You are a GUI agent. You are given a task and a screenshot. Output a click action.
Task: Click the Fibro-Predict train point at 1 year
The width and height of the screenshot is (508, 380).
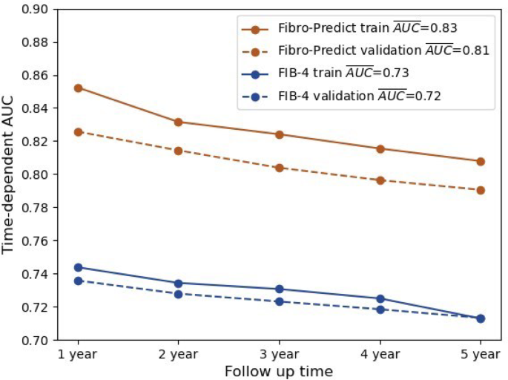tap(78, 88)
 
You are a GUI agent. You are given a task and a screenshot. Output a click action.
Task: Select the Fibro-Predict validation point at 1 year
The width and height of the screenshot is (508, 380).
tap(78, 131)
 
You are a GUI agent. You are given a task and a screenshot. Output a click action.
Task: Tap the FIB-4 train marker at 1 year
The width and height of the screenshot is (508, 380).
tap(78, 267)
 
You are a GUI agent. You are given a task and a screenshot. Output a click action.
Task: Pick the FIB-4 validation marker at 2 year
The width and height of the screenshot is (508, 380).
tap(179, 294)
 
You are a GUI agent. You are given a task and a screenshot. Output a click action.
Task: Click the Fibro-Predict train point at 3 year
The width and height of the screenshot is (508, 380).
tap(280, 134)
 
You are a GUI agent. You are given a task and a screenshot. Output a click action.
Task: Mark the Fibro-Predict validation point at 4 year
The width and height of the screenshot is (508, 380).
tap(380, 180)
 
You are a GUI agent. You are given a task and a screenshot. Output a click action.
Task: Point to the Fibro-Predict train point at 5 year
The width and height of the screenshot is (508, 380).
tap(481, 161)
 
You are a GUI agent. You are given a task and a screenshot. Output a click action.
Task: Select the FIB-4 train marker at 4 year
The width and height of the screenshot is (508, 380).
tap(380, 298)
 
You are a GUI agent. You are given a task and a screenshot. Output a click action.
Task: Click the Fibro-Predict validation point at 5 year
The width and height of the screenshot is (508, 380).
tap(481, 190)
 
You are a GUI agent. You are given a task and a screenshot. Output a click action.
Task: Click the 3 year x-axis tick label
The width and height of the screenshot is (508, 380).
tap(280, 354)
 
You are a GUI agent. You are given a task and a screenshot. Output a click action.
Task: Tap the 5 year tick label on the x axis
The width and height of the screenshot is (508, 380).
tap(481, 354)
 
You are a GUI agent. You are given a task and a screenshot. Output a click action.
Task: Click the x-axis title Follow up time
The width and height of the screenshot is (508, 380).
tap(280, 370)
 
